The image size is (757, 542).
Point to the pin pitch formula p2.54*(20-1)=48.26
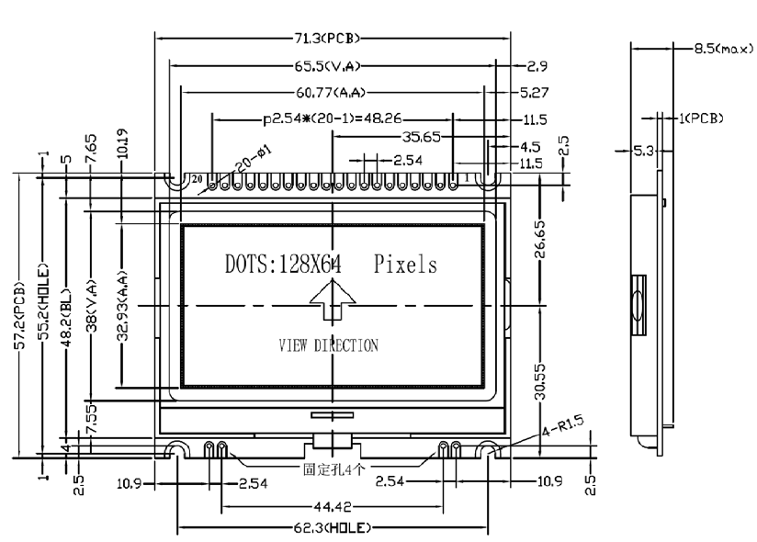[334, 119]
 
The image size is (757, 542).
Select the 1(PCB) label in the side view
[700, 118]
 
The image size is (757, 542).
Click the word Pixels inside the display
[405, 265]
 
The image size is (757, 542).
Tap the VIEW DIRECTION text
[328, 346]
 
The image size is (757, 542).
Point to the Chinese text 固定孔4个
[334, 469]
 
